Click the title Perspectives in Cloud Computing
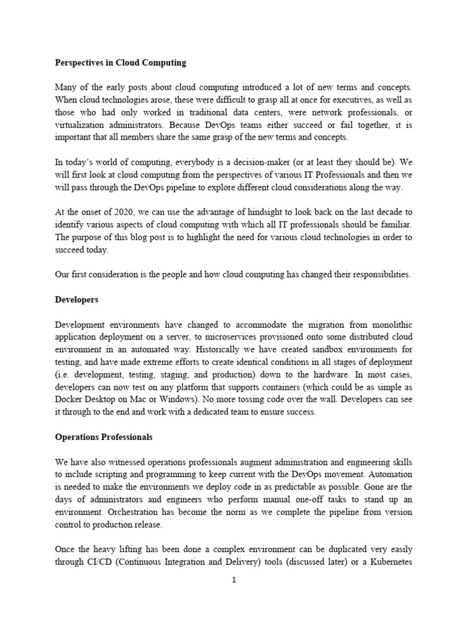coord(121,63)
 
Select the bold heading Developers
coord(77,300)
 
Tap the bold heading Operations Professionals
coord(104,437)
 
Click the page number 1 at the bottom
coord(233,580)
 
